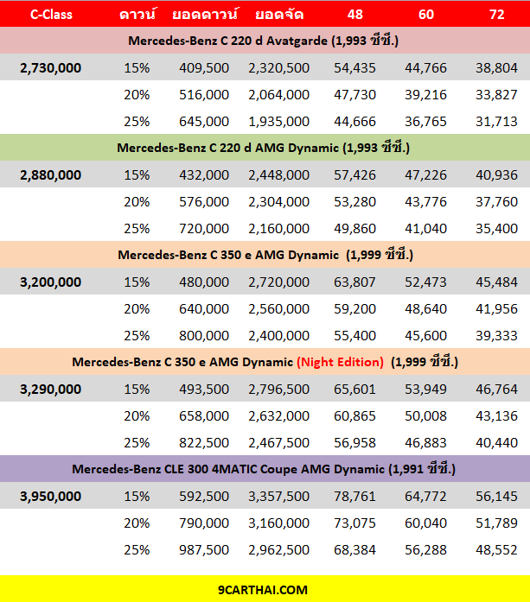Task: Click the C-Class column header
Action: click(x=51, y=14)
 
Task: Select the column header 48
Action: click(x=354, y=14)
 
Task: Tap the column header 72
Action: click(x=496, y=14)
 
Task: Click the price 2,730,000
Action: click(x=51, y=68)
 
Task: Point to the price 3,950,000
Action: click(x=51, y=497)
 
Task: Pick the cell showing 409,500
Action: click(x=204, y=68)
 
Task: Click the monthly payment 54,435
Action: click(x=354, y=68)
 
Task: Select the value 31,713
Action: click(x=496, y=122)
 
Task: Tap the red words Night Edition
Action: click(x=340, y=362)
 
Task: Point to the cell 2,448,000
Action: click(x=278, y=175)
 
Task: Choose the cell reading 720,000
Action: click(x=204, y=229)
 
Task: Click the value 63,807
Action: click(x=354, y=282)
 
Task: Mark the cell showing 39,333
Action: click(x=496, y=336)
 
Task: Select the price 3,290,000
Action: click(x=51, y=390)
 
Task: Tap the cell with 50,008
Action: click(x=426, y=416)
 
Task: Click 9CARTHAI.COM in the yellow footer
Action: click(x=263, y=590)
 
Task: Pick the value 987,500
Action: click(x=204, y=550)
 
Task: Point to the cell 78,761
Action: click(x=354, y=497)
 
